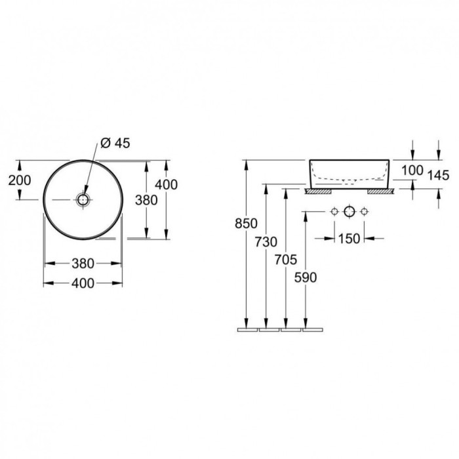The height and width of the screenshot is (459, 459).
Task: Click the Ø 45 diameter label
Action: [115, 143]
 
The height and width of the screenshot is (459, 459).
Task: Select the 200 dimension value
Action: [20, 180]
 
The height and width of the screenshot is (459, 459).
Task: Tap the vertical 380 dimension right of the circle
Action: [146, 200]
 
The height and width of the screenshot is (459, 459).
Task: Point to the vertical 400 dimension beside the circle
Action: [167, 185]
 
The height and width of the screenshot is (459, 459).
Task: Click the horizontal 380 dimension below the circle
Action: [83, 264]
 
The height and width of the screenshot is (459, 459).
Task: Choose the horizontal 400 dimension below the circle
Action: [83, 283]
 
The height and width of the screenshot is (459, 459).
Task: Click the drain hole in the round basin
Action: [83, 199]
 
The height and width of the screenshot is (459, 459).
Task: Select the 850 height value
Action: [246, 224]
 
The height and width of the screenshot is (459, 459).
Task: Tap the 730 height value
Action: [266, 242]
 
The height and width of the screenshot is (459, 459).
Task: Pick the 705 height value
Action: [286, 260]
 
